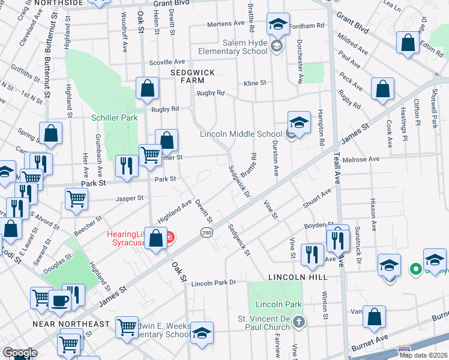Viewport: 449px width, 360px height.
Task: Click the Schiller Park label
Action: (x=115, y=118)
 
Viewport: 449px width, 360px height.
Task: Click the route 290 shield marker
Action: (x=206, y=232)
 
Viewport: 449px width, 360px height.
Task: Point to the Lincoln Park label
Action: (x=277, y=305)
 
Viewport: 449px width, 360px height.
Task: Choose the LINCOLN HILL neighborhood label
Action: (x=298, y=277)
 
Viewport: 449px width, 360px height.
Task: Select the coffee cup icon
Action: (x=59, y=301)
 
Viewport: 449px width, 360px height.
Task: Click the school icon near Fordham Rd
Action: (x=277, y=25)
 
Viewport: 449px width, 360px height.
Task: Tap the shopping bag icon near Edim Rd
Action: (x=408, y=43)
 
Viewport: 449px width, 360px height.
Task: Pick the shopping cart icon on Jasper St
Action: (x=77, y=198)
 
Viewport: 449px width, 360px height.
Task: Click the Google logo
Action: (x=20, y=353)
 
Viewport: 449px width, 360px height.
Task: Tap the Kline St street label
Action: (x=254, y=83)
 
